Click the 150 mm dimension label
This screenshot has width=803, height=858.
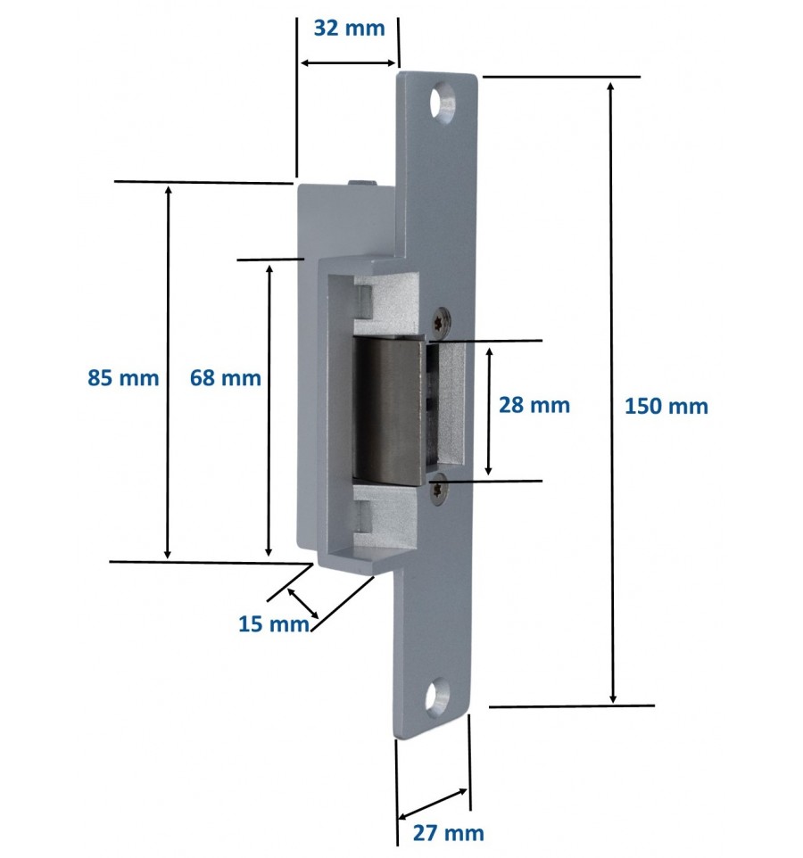tap(666, 407)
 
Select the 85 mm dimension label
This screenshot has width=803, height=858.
tap(123, 378)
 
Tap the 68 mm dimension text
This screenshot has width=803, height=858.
tap(226, 378)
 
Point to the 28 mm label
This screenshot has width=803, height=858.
tap(534, 405)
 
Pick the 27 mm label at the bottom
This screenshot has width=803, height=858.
tap(448, 833)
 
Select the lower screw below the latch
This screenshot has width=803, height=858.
tap(438, 488)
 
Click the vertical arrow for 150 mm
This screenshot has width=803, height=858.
tap(611, 392)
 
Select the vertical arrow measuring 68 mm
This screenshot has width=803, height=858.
tap(269, 410)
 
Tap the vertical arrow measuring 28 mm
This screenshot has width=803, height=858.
tap(488, 411)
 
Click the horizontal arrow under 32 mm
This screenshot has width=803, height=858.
tap(348, 63)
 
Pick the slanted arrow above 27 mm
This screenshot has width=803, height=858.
tap(433, 804)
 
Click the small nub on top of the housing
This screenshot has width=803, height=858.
tap(362, 182)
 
